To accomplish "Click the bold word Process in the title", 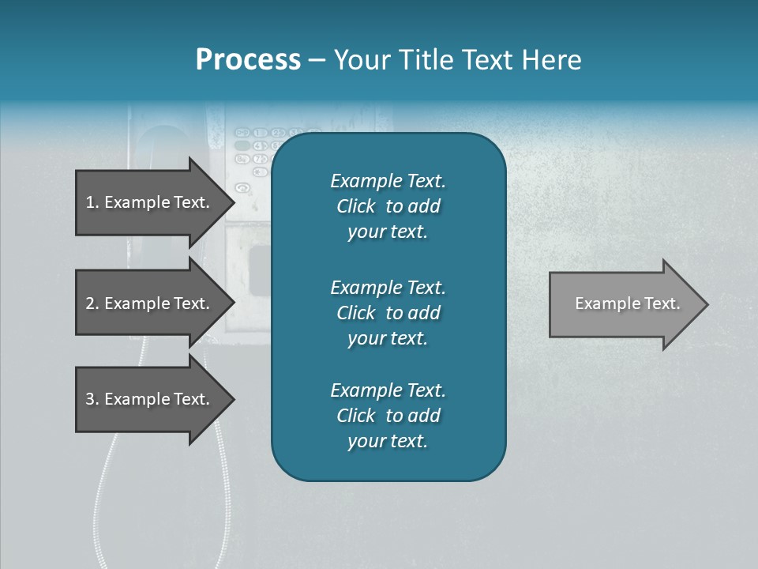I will pos(248,60).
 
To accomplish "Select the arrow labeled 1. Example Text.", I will pos(150,202).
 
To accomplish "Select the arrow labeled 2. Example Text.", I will pos(150,303).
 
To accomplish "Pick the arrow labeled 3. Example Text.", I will pos(150,399).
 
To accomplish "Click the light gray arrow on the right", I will pos(624,304).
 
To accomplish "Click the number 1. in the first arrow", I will pos(92,202).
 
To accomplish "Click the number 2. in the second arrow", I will pos(92,303).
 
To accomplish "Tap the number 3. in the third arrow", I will pos(92,399).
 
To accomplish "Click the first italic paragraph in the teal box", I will pos(388,206).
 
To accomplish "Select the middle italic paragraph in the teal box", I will pos(388,313).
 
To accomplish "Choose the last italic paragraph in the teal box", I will pos(388,416).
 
